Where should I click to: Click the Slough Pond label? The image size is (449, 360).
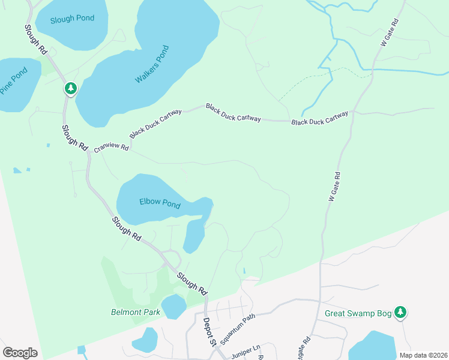click(x=73, y=19)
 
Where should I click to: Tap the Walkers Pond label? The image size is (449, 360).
click(x=152, y=64)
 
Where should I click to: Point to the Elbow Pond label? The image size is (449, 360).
click(x=160, y=203)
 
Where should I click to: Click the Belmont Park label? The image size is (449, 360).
click(x=136, y=312)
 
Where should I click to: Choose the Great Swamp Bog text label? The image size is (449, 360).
click(x=358, y=313)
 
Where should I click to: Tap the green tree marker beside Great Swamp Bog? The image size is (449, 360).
click(x=400, y=312)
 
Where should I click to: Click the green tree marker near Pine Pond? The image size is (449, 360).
click(x=71, y=89)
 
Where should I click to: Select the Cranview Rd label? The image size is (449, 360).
click(x=111, y=146)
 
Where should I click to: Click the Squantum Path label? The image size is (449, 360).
click(x=238, y=327)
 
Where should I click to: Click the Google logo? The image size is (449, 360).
click(x=20, y=353)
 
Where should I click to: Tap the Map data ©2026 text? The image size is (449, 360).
click(x=423, y=355)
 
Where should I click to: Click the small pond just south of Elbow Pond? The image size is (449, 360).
click(x=193, y=236)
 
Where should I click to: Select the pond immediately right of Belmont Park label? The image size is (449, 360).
click(x=173, y=306)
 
